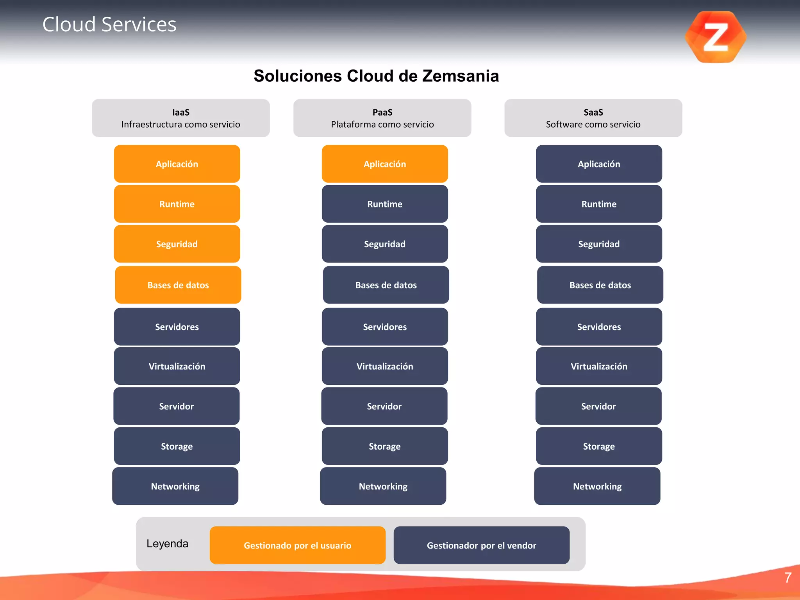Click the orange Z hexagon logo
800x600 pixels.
(x=716, y=37)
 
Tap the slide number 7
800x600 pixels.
(x=788, y=577)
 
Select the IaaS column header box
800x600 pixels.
(x=180, y=118)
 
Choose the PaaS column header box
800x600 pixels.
(x=382, y=118)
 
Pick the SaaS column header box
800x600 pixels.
(x=593, y=118)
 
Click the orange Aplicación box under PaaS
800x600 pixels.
(x=385, y=164)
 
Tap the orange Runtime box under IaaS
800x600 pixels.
(x=177, y=204)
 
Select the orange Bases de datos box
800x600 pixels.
(x=178, y=285)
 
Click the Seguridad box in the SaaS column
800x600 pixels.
(x=599, y=244)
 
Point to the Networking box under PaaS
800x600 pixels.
(x=383, y=486)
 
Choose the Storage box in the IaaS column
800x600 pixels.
(x=177, y=446)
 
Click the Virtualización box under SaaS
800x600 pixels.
(x=599, y=366)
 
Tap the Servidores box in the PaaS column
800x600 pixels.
(x=385, y=327)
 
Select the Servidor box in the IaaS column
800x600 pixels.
(x=177, y=406)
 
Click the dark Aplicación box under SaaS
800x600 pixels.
(x=599, y=164)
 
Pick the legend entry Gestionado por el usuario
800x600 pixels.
(x=297, y=545)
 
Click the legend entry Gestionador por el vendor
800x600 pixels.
(x=481, y=545)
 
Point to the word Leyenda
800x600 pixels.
(x=167, y=543)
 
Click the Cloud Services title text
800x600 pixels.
(x=109, y=24)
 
